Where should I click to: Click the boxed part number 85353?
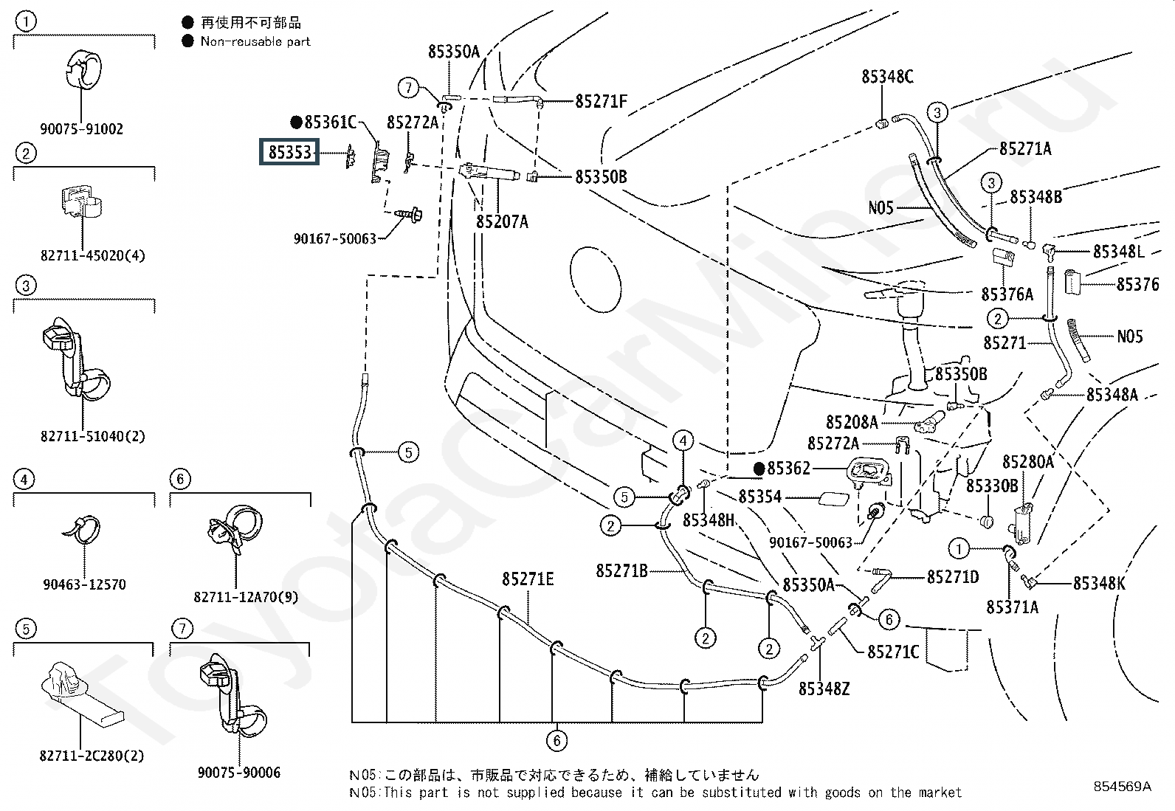[289, 152]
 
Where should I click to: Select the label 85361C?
[330, 122]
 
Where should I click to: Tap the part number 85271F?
[601, 101]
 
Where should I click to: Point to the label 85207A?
[502, 222]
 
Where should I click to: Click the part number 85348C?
[887, 77]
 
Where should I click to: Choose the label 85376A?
[1007, 294]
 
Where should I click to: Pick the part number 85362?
[788, 468]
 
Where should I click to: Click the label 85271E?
[528, 579]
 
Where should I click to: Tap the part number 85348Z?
[824, 689]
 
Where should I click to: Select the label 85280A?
[1027, 462]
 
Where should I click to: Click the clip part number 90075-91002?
[81, 129]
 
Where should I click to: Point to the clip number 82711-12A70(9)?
[246, 598]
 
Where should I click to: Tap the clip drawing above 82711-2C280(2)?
[82, 692]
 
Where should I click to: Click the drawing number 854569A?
[1122, 786]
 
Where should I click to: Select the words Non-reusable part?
[255, 41]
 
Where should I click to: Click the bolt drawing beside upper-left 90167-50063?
[409, 215]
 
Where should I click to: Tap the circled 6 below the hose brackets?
[557, 740]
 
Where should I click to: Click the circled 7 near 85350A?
[409, 87]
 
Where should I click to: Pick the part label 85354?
[760, 496]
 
